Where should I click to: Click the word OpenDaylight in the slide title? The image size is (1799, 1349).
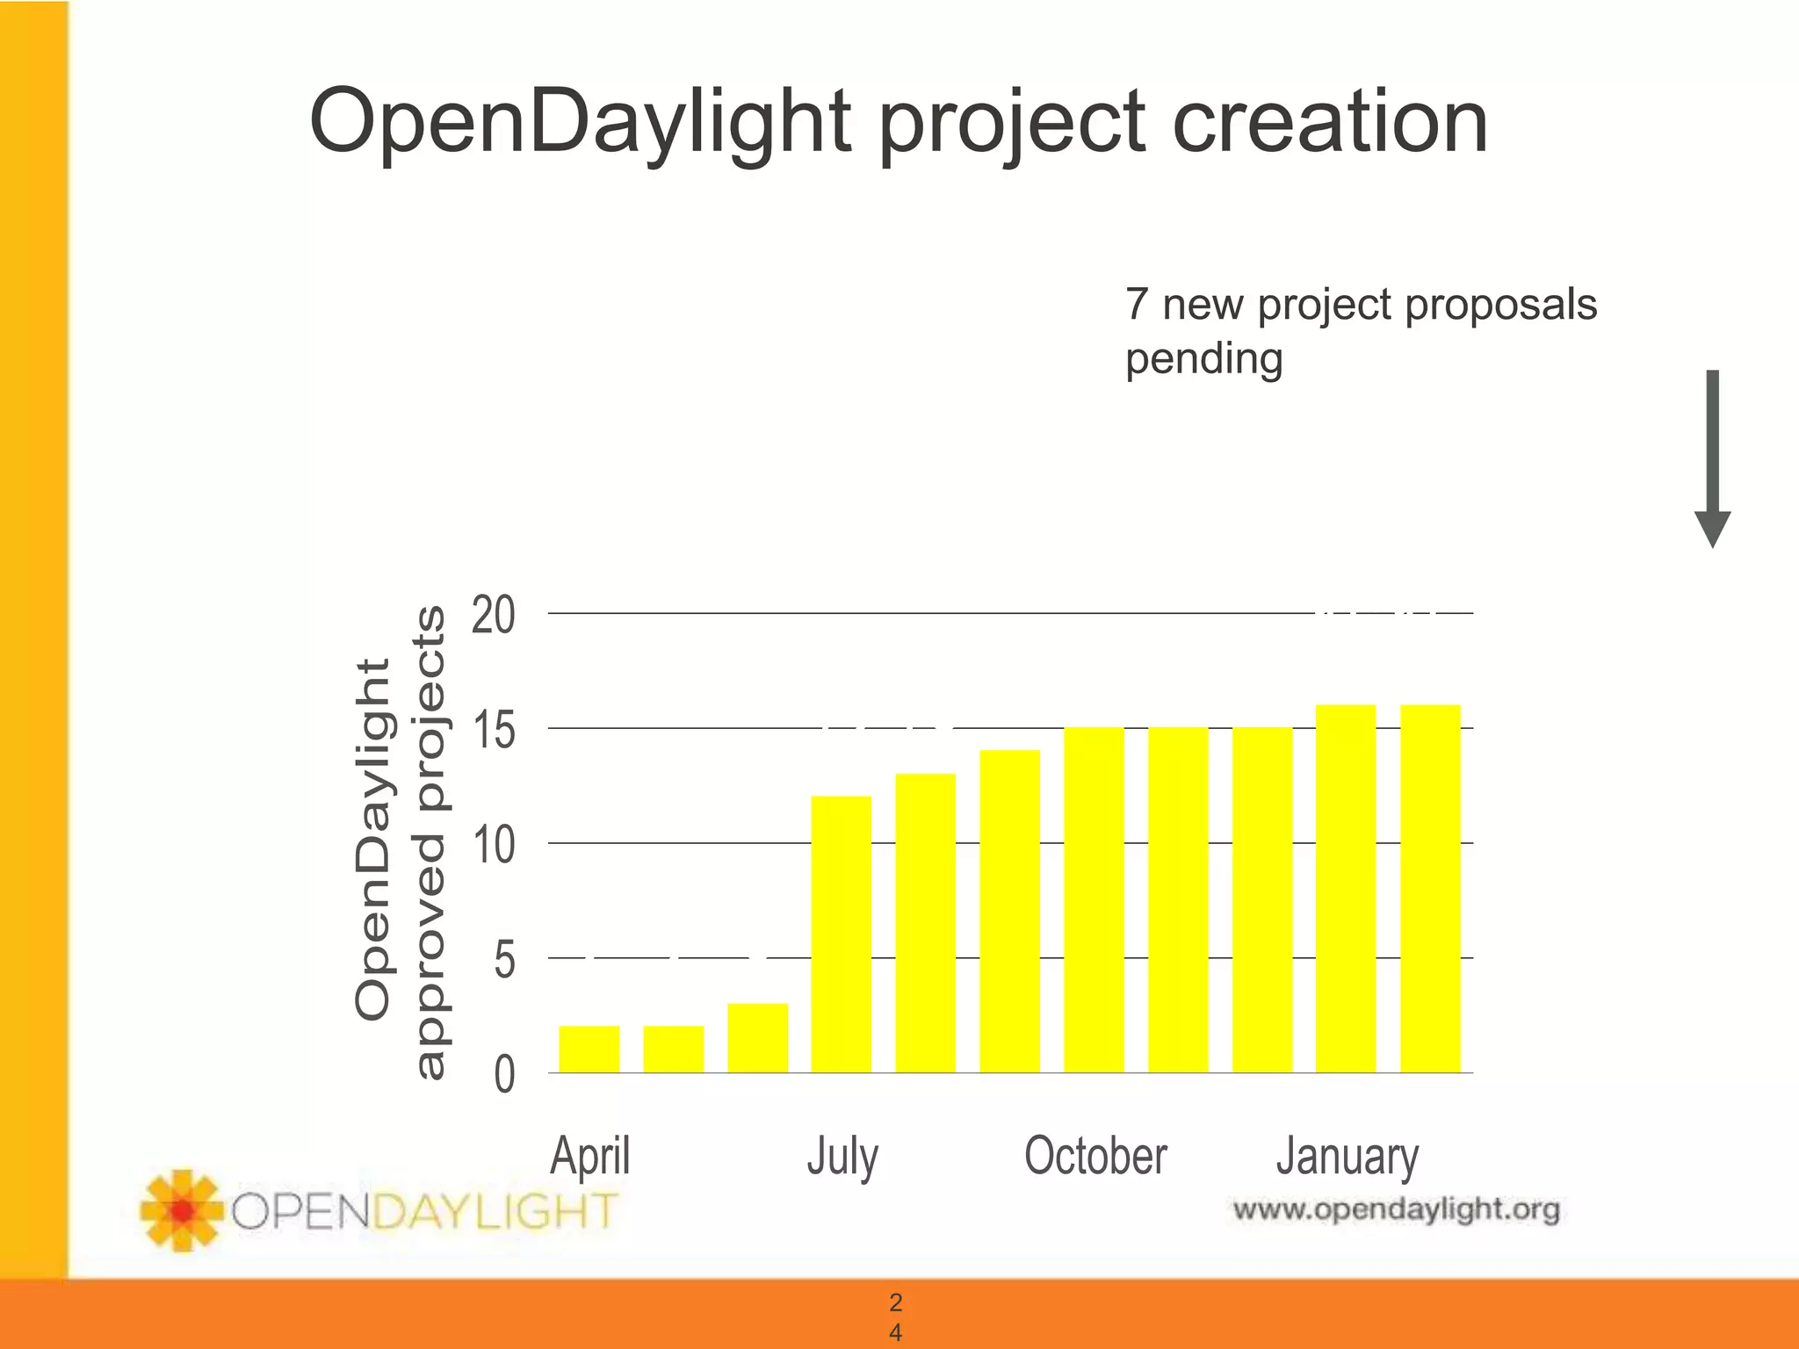coord(580,123)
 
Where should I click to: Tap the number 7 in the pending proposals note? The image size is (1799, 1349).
coord(1137,305)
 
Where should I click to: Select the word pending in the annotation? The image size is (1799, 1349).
coord(1203,360)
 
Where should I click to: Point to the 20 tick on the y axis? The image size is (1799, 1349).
coord(493,615)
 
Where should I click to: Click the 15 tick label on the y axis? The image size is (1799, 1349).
coord(493,730)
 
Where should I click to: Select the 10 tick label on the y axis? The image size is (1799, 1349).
coord(493,845)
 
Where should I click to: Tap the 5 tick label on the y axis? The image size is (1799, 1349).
coord(504,960)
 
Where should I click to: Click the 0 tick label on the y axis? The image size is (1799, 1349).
coord(504,1074)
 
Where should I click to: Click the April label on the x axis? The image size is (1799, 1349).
coord(589,1156)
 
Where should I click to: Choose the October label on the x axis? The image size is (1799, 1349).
coord(1095,1156)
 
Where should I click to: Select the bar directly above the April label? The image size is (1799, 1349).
coord(589,1049)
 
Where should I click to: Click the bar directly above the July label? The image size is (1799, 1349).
coord(842,934)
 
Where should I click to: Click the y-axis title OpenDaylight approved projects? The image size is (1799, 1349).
coord(400,840)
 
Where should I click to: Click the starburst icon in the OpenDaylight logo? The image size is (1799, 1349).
coord(182,1210)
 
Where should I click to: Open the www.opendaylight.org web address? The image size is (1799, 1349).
coord(1396,1210)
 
